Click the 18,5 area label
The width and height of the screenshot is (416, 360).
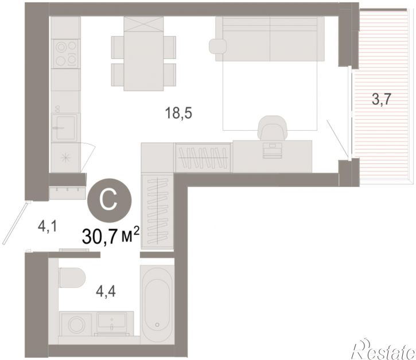tap(178, 114)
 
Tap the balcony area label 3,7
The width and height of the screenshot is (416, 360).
tap(382, 100)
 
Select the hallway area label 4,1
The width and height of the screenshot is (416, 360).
tap(48, 227)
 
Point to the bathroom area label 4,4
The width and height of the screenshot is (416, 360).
tap(106, 292)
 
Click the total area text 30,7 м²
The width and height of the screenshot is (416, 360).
tap(111, 236)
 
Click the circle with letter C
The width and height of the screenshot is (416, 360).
tap(110, 201)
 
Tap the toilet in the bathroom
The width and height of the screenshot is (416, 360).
tap(72, 277)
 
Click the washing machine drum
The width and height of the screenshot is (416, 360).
tap(76, 324)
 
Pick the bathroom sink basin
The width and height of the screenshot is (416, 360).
tap(112, 320)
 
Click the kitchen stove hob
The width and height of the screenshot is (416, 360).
tap(66, 53)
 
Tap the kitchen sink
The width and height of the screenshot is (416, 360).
tap(64, 128)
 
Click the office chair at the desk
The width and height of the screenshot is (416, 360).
tap(273, 127)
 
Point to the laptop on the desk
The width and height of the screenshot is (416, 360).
tap(272, 150)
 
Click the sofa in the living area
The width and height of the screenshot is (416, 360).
tap(270, 39)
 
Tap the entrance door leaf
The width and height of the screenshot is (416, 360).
tap(14, 223)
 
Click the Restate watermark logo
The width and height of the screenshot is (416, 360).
tap(383, 350)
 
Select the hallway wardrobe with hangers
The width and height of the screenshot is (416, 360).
tap(157, 211)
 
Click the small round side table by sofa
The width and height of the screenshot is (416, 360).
tap(217, 46)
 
